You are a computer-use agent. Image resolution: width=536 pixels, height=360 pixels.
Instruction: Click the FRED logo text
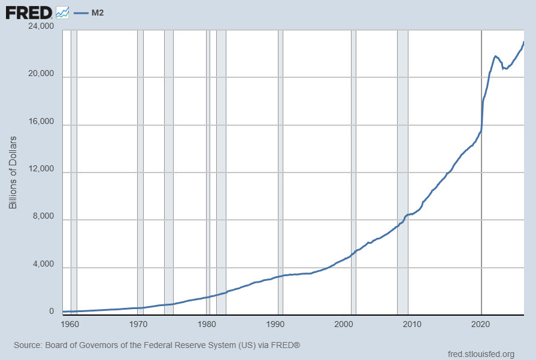tap(29, 13)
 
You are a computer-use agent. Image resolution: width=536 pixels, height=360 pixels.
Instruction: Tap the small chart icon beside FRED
tap(62, 13)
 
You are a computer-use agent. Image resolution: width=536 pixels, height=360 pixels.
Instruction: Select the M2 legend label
tap(98, 13)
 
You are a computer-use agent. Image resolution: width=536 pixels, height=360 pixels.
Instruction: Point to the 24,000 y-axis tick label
tap(41, 26)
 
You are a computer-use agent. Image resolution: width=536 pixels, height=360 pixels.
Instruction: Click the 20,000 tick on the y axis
tap(41, 74)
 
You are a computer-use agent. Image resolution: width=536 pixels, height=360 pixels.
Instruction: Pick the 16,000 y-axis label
tap(41, 122)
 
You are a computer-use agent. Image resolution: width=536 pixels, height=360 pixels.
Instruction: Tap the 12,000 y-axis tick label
tap(41, 168)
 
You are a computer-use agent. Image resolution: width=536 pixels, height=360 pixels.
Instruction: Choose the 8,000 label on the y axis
tap(43, 216)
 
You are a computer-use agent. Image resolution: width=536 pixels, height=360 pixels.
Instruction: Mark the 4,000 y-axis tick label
tap(43, 264)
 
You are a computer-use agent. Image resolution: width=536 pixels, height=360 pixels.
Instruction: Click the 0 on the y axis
tap(52, 311)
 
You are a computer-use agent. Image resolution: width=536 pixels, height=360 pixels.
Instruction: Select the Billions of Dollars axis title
tap(13, 173)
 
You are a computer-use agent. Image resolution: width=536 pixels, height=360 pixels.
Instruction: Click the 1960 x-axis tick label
tap(69, 324)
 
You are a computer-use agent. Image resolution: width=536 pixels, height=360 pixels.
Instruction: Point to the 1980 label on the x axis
tap(207, 324)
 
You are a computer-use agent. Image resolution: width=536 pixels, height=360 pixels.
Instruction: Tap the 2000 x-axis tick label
tap(344, 324)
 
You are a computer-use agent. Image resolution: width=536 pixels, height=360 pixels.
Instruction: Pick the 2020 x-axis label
tap(481, 324)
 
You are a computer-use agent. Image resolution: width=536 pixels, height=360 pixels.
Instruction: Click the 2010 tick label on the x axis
tap(412, 324)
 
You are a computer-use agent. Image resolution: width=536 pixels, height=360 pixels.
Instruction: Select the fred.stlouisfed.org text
tap(481, 354)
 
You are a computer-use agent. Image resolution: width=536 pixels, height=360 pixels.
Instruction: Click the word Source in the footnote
tap(27, 345)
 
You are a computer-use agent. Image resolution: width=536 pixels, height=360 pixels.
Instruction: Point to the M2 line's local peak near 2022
tap(495, 56)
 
